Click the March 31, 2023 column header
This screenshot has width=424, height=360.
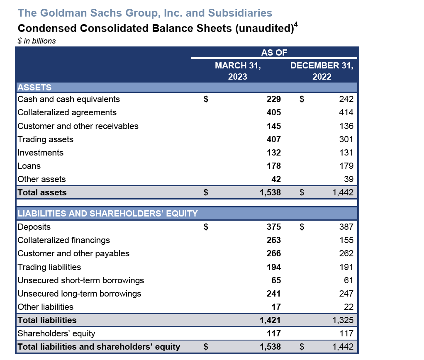[237, 71]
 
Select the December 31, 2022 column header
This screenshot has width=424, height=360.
[322, 71]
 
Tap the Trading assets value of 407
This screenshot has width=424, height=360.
[273, 139]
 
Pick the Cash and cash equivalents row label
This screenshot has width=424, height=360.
[69, 99]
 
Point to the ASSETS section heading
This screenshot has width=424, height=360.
[34, 87]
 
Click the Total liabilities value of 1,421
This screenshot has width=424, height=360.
[270, 320]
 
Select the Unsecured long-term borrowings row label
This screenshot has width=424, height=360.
[79, 294]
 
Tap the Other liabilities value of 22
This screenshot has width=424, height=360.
[348, 307]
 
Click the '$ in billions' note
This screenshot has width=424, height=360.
[37, 41]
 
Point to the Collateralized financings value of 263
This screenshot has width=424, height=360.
[273, 240]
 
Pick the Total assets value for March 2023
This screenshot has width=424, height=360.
[270, 192]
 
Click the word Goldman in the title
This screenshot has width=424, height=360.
[61, 13]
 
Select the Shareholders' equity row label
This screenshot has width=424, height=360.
[56, 333]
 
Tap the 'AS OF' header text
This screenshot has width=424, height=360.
[274, 52]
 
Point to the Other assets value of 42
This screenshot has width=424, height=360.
[276, 179]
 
